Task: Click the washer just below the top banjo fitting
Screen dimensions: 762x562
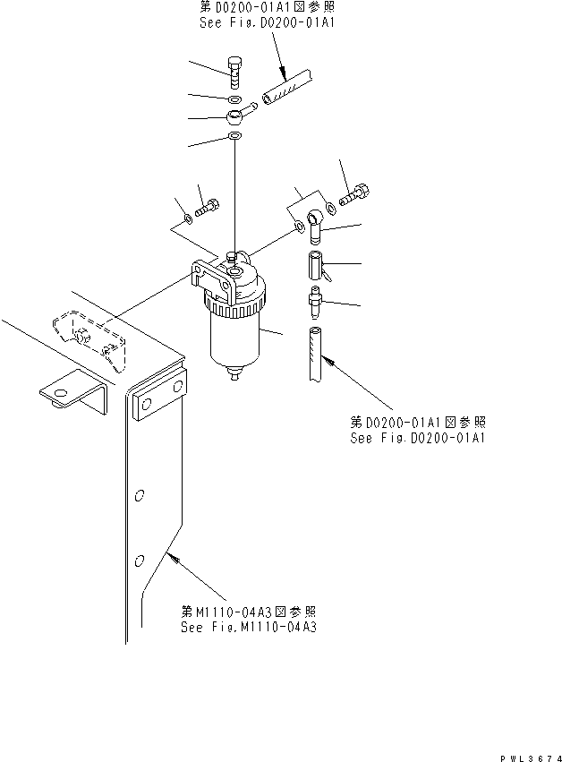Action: click(234, 137)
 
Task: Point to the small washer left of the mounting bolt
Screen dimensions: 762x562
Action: click(187, 218)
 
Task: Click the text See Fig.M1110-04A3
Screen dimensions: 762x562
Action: click(248, 627)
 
